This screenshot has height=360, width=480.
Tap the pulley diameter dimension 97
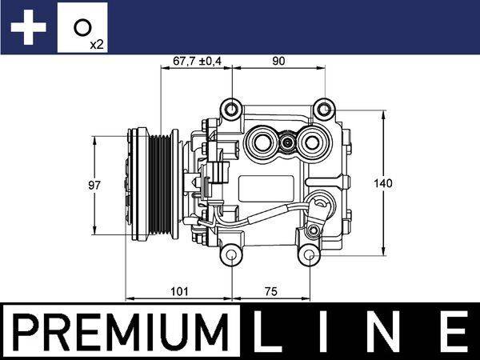pyautogui.click(x=94, y=185)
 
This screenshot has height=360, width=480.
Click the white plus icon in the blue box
pyautogui.click(x=28, y=28)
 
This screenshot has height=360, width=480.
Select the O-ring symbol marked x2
pyautogui.click(x=82, y=28)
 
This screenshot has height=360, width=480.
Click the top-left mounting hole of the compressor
pyautogui.click(x=231, y=108)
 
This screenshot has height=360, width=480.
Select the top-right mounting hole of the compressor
pyautogui.click(x=323, y=108)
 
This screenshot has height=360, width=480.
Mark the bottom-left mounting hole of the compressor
pyautogui.click(x=231, y=255)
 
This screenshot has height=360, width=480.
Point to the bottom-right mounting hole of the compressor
pyautogui.click(x=308, y=255)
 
